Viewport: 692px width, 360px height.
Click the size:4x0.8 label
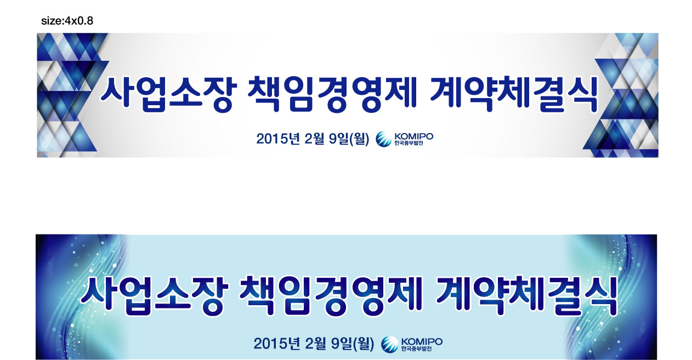click(x=67, y=21)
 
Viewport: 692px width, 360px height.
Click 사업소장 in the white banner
click(x=168, y=94)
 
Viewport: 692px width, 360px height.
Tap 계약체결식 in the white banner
click(x=513, y=94)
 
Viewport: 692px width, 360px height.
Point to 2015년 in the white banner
click(x=278, y=139)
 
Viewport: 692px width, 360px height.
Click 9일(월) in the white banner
click(x=349, y=139)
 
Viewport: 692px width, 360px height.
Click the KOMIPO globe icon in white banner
click(x=384, y=139)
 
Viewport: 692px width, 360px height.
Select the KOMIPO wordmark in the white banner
click(x=414, y=136)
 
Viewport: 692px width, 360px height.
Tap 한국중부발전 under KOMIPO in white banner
click(x=409, y=143)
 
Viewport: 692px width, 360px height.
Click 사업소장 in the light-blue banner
click(x=155, y=296)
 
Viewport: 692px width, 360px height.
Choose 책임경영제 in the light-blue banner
click(x=331, y=296)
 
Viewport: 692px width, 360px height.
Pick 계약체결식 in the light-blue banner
click(x=527, y=296)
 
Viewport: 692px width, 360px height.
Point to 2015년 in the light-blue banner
click(x=277, y=344)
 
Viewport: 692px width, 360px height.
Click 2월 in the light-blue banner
click(x=315, y=344)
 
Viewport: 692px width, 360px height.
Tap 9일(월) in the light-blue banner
click(x=353, y=344)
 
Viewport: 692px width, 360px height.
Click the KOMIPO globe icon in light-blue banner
click(x=390, y=344)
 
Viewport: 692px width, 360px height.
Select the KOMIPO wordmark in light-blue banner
click(x=422, y=341)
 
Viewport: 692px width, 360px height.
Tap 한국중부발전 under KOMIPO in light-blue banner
click(x=416, y=348)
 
